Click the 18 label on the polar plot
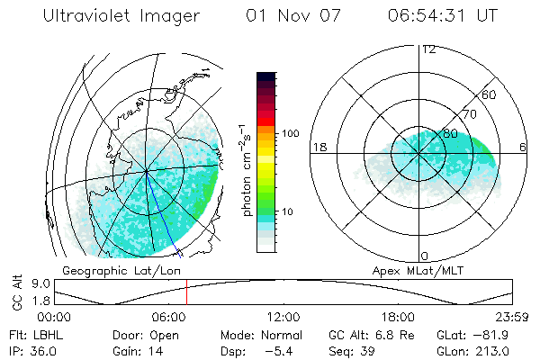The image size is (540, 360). [x=319, y=148]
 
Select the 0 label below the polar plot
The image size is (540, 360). [x=425, y=256]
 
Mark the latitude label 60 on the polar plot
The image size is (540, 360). [x=490, y=94]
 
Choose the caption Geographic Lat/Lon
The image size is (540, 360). [x=107, y=270]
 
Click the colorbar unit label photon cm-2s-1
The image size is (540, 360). [x=245, y=171]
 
